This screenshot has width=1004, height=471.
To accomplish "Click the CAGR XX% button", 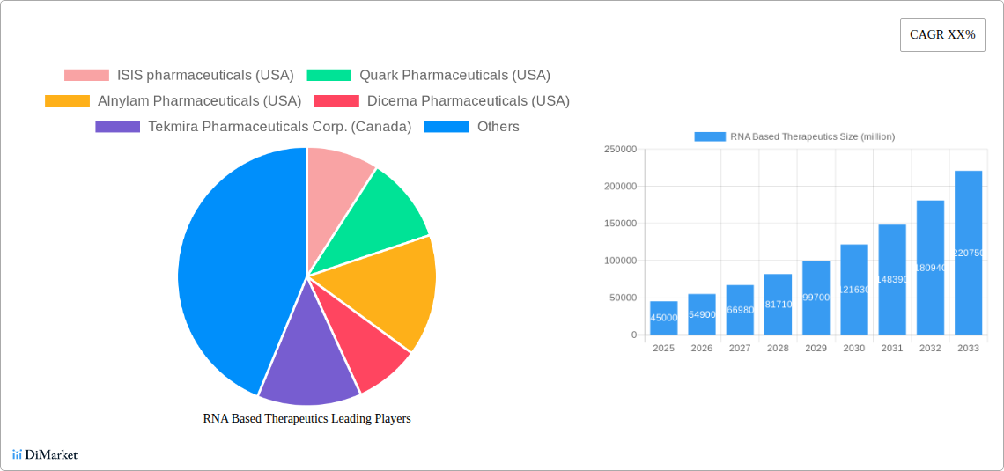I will coord(942,35).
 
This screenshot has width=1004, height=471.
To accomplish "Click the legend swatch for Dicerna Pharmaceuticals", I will coord(336,101).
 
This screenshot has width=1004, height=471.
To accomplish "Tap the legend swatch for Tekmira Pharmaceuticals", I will coord(117,127).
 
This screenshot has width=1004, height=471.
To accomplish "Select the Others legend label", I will coord(498,127).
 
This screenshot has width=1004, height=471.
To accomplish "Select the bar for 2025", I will coord(663,318).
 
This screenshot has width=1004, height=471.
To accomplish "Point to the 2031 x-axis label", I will coord(891,349).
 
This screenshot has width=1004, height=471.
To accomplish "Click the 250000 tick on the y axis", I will coord(620,150).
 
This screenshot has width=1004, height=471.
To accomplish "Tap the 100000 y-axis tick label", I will coord(620,261).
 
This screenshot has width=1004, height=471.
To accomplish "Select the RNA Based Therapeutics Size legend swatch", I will coord(710,136).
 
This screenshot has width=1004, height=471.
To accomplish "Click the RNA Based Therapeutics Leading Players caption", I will coord(306,419).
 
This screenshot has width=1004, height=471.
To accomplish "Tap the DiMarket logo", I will coord(45,454).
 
